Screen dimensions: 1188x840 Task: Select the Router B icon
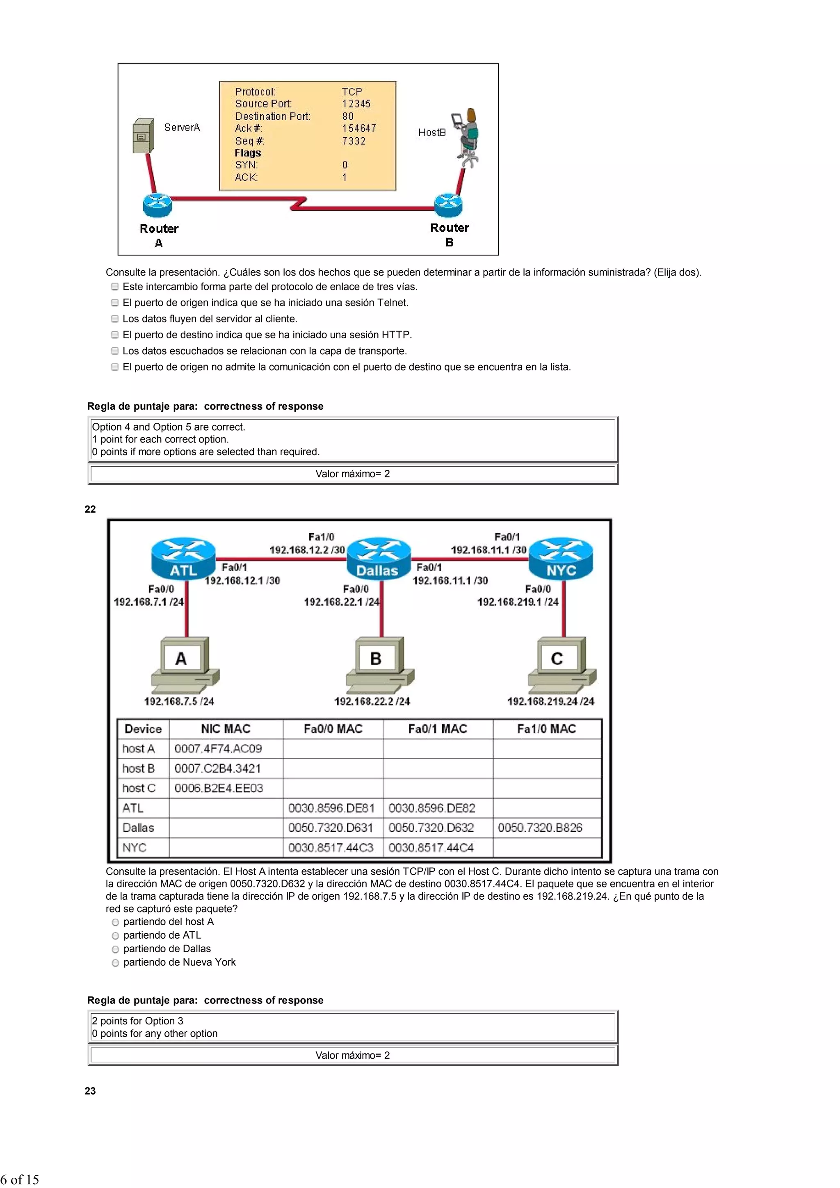448,205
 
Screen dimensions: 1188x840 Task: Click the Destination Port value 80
348,116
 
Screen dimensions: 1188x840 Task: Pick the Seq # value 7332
354,141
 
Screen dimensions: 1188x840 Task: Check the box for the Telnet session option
115,303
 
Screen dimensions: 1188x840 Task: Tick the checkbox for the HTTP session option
115,335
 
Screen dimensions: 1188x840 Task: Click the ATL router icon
183,559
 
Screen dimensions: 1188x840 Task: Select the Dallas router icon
378,559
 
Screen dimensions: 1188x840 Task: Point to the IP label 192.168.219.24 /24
551,701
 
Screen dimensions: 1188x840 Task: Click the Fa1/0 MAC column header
547,729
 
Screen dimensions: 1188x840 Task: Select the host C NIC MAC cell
219,788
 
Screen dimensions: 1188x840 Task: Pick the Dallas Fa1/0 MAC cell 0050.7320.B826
540,828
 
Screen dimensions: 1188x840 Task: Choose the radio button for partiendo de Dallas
115,949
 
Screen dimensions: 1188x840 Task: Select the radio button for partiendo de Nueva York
115,963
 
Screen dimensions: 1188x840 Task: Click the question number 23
90,1091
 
